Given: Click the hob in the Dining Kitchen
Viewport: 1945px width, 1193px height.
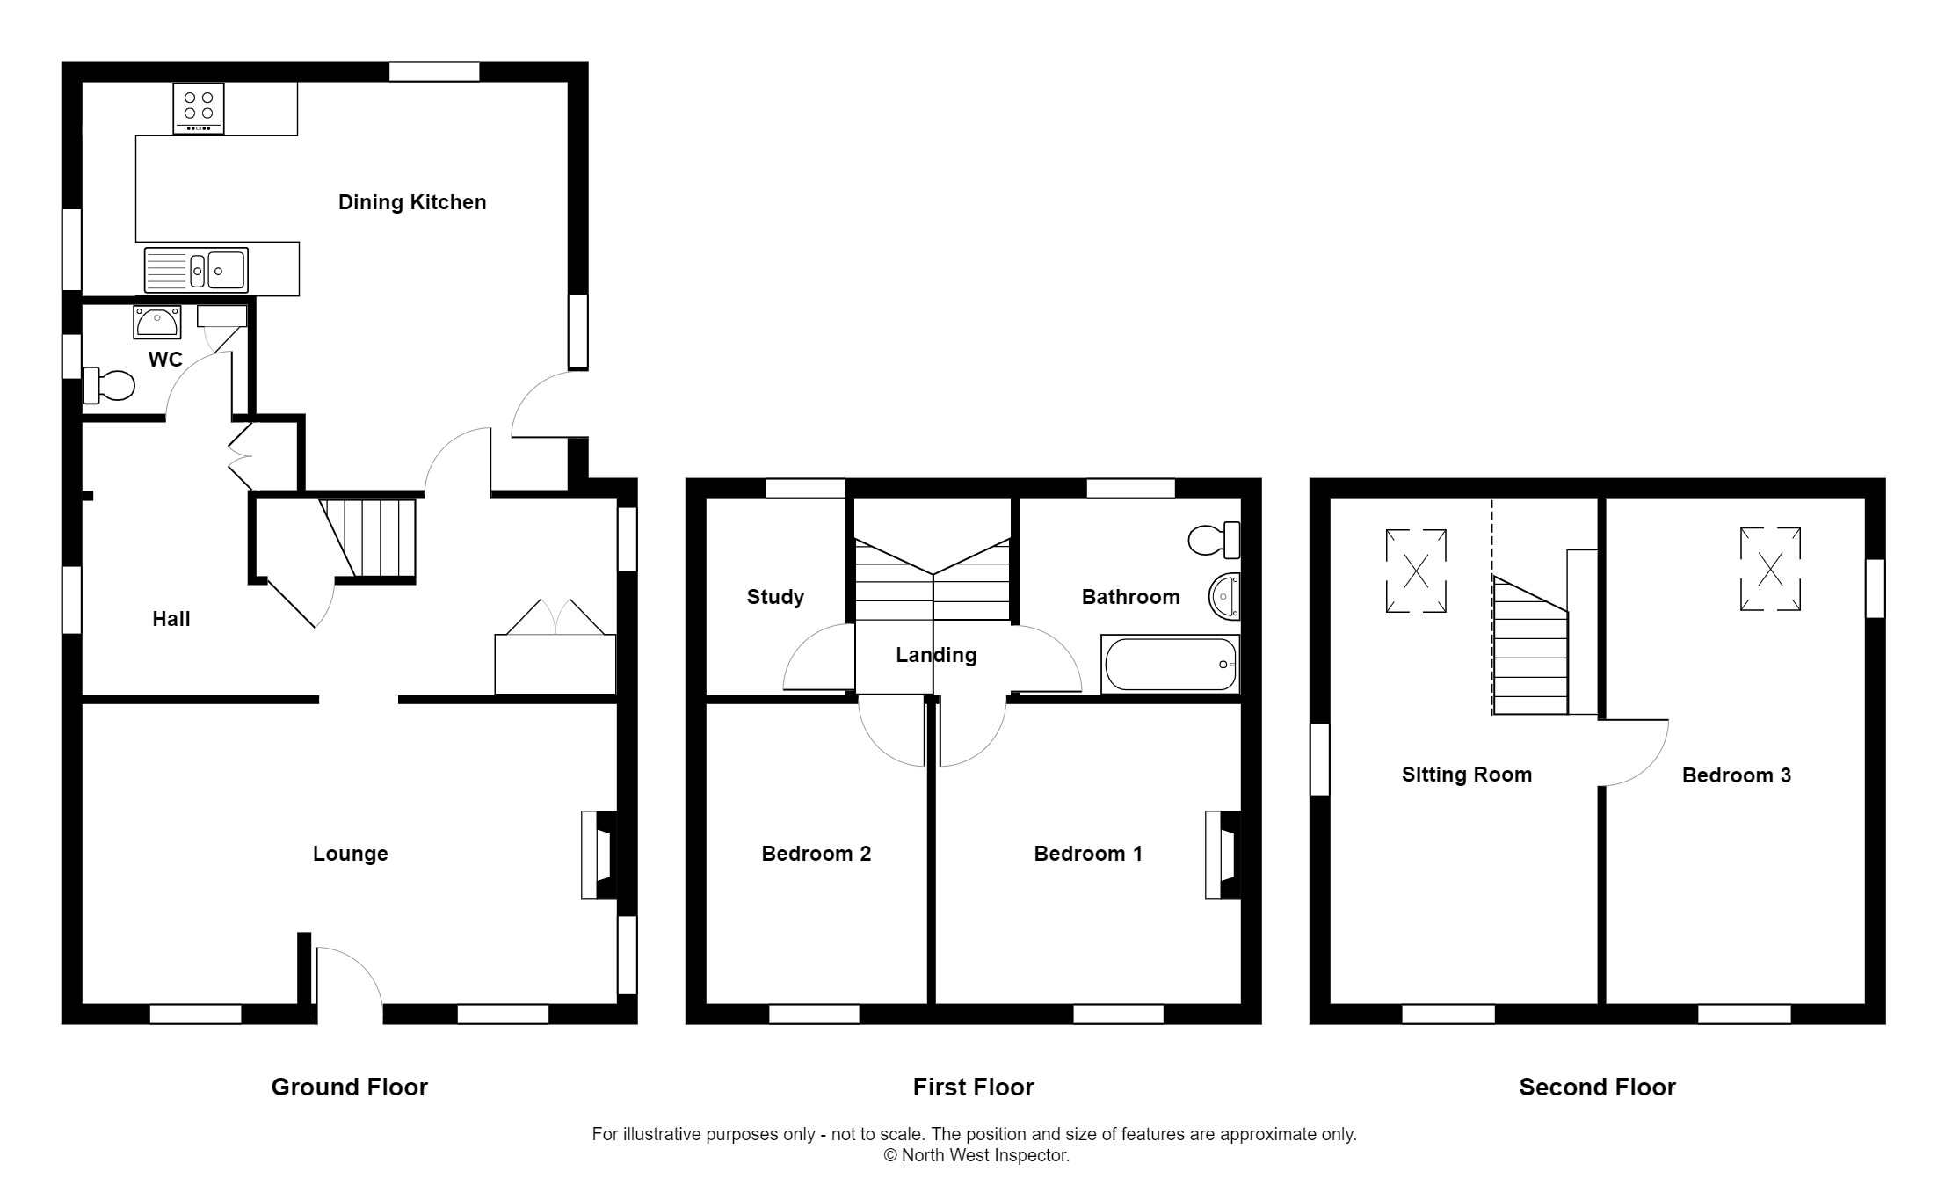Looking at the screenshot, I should [199, 108].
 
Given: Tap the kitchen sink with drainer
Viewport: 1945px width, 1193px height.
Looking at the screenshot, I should [196, 270].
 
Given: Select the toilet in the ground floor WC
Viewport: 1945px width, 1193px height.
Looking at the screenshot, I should [110, 385].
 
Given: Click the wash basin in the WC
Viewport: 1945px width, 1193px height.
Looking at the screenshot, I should [157, 323].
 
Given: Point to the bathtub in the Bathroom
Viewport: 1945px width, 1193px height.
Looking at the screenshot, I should [1170, 664].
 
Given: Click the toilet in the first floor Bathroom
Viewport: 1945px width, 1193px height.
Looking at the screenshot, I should [1213, 540].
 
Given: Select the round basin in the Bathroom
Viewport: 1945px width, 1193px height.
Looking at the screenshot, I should [1225, 597].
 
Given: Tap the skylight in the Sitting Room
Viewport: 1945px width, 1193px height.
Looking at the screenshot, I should [1416, 571].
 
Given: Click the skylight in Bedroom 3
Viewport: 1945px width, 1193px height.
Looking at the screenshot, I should [1770, 569].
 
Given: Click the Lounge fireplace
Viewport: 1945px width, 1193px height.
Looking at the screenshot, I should [599, 855].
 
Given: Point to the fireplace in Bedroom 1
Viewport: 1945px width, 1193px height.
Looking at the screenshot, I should [1223, 855].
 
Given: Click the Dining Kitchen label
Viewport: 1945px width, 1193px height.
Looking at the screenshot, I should [412, 202].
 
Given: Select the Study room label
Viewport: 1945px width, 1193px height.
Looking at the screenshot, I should [775, 597].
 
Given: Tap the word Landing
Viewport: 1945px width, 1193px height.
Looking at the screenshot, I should [936, 655].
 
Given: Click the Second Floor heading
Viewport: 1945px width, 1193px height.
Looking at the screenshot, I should [1597, 1088].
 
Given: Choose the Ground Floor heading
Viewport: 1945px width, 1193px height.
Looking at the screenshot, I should [349, 1088].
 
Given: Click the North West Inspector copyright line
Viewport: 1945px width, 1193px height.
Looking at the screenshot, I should [976, 1156].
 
